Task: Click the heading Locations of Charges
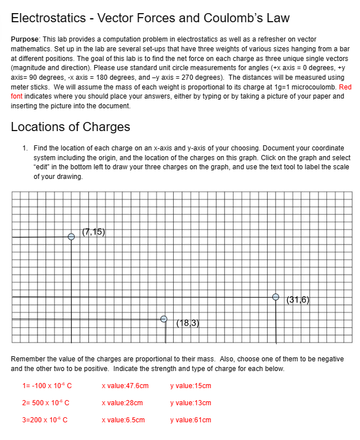[71, 127]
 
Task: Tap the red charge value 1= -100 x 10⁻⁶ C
[47, 386]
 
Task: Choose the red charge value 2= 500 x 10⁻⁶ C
[46, 403]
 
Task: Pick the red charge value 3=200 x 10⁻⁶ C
[44, 420]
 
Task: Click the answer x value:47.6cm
[125, 386]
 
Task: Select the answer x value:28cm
[122, 403]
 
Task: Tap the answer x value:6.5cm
[123, 420]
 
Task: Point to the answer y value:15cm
[190, 386]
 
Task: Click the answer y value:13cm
[190, 403]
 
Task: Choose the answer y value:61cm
[190, 420]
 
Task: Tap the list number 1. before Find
[25, 148]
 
